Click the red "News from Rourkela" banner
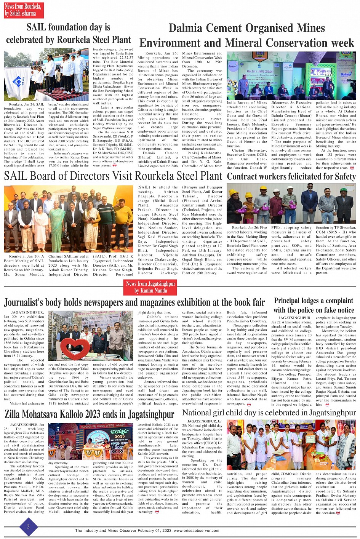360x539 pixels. click(x=23, y=10)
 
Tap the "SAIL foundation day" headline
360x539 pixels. click(x=68, y=27)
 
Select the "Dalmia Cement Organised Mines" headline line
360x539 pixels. click(x=246, y=28)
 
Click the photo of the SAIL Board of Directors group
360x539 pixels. click(x=69, y=219)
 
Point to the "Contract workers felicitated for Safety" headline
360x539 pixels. click(x=291, y=176)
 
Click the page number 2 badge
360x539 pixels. click(x=28, y=527)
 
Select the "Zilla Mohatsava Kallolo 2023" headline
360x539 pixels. click(x=89, y=414)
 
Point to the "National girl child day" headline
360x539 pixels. click(x=269, y=413)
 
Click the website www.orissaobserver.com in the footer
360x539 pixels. click(x=196, y=530)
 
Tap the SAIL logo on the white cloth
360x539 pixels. click(x=18, y=82)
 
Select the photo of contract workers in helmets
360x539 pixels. click(x=291, y=203)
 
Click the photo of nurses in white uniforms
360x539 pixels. click(x=291, y=445)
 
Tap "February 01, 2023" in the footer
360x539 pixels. click(x=155, y=530)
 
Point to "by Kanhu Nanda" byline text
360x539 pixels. click(x=150, y=291)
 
